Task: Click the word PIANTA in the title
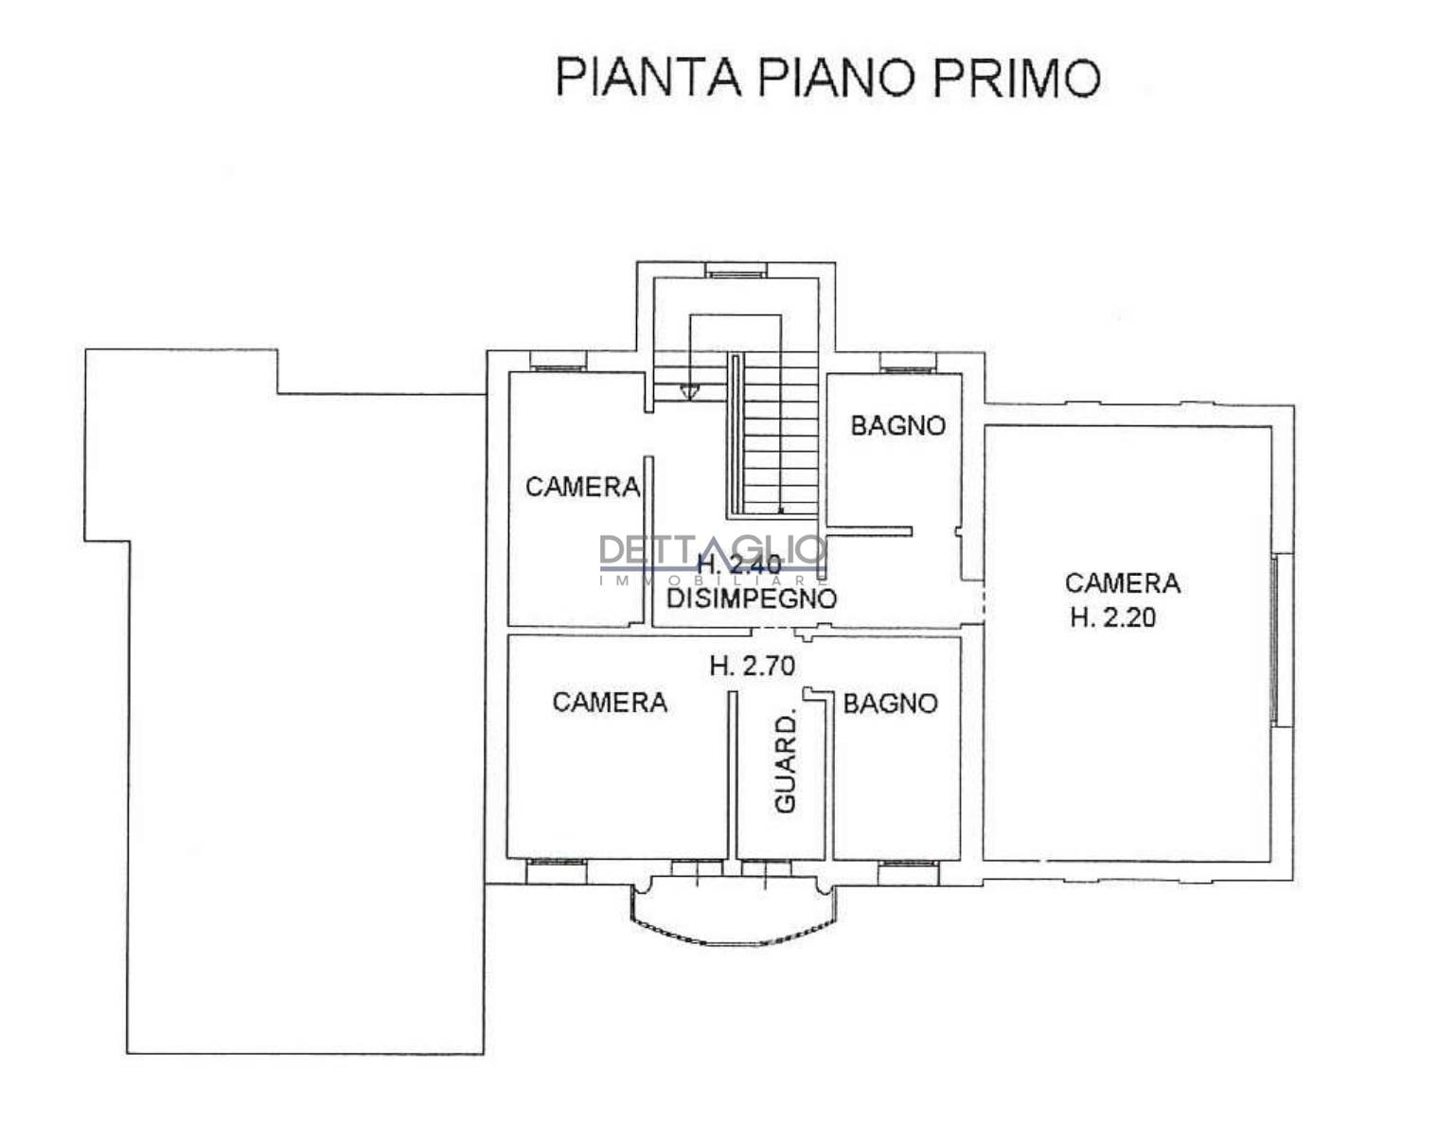(648, 78)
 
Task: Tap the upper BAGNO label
(898, 426)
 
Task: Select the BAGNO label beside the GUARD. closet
(890, 704)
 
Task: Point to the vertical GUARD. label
(786, 763)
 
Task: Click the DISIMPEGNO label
(752, 599)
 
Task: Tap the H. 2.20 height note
(1113, 617)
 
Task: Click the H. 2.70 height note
(753, 667)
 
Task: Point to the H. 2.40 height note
(739, 565)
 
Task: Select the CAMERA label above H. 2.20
(1123, 583)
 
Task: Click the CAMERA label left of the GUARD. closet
(610, 703)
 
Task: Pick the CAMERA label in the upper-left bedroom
(582, 488)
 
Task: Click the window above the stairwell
(736, 271)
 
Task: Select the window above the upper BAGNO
(908, 362)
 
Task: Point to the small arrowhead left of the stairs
(689, 391)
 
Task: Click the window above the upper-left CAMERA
(559, 362)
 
